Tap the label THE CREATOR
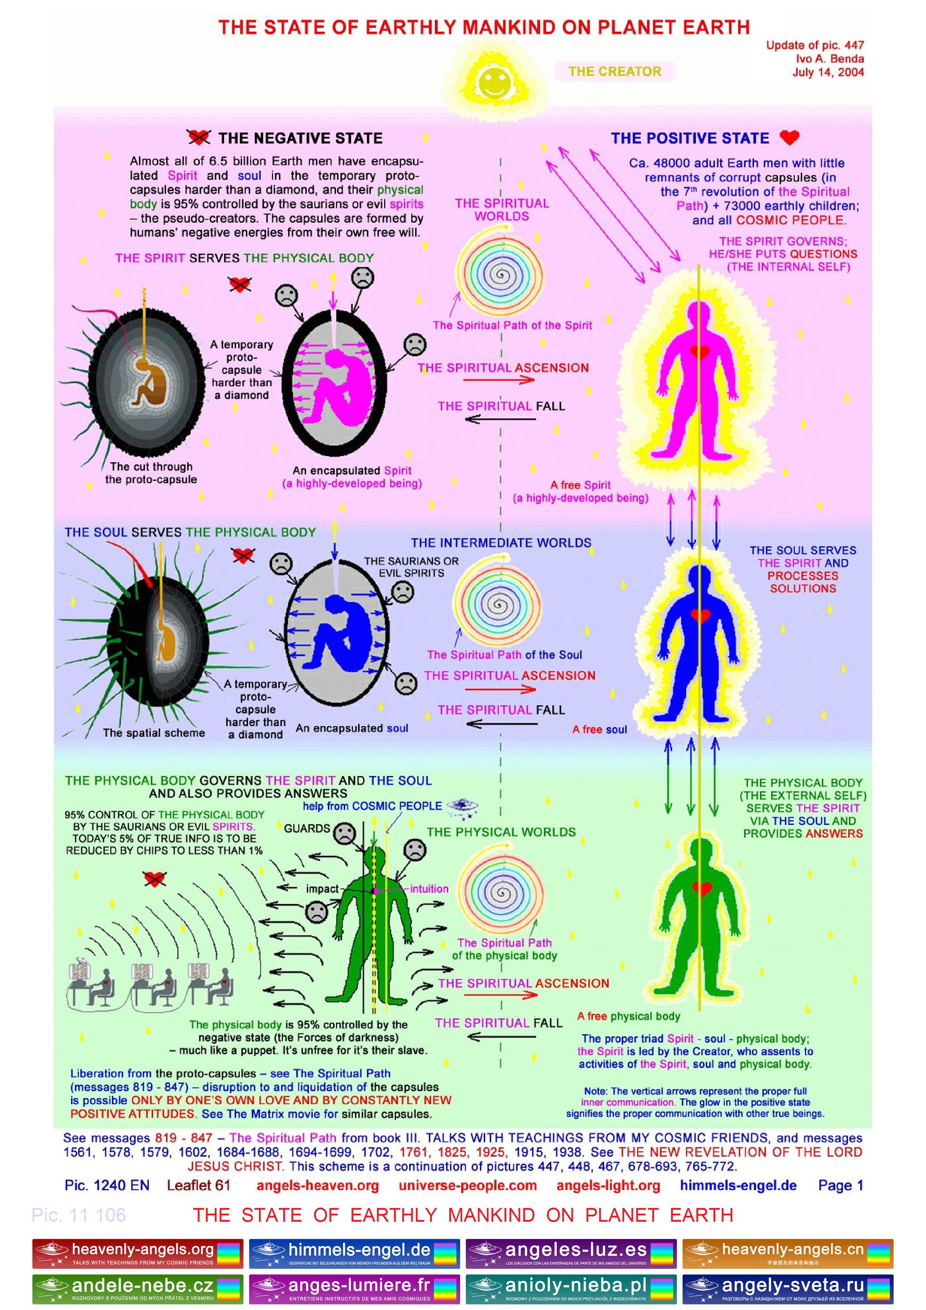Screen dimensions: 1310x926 (x=615, y=71)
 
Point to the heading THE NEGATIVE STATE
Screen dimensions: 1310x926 (x=300, y=138)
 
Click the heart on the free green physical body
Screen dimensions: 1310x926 (x=701, y=888)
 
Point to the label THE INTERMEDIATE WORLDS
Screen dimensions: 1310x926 (x=501, y=542)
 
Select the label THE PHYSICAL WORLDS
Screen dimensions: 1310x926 (x=501, y=832)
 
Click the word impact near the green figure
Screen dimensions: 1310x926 (x=322, y=889)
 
